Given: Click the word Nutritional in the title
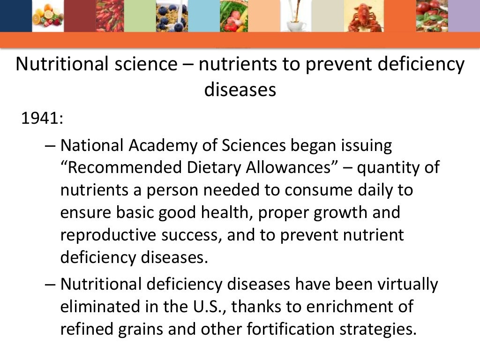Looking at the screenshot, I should tap(59, 64).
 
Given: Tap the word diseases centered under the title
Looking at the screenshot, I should tap(240, 89).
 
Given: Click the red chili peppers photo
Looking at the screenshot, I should tap(109, 16).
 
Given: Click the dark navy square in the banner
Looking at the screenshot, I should tap(13, 16).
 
